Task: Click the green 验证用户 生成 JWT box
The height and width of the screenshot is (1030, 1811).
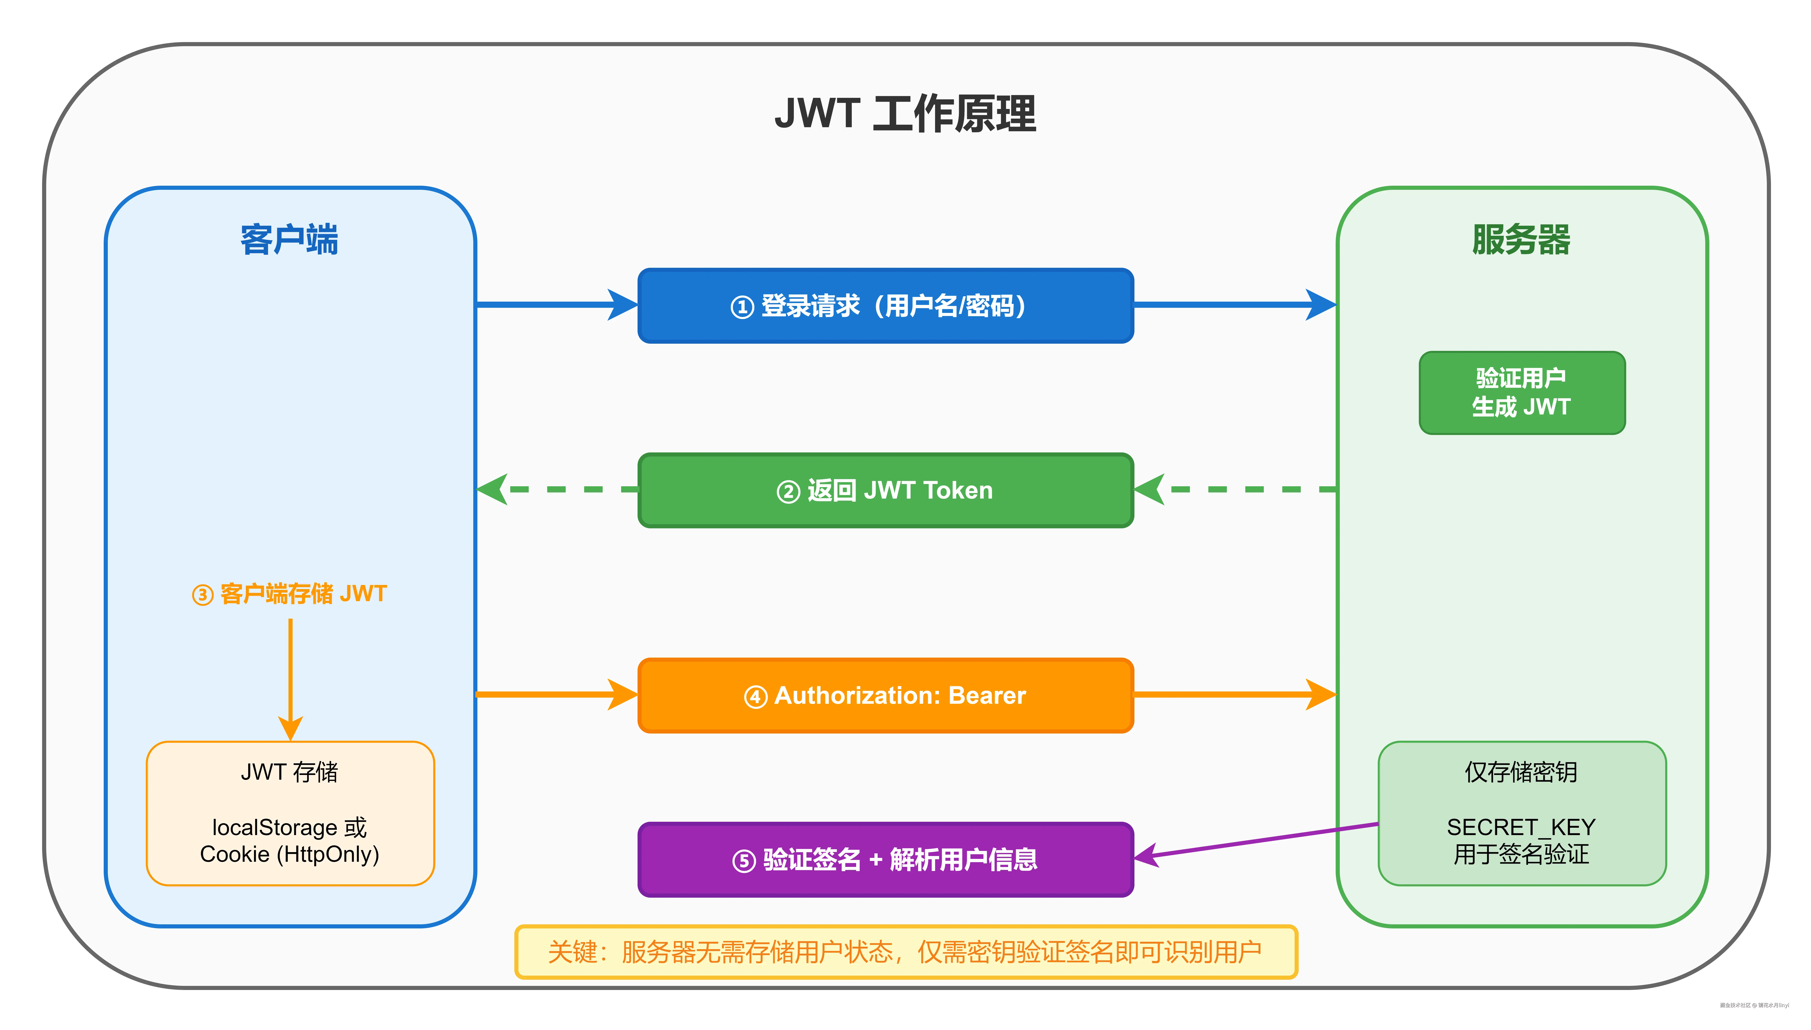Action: pyautogui.click(x=1521, y=393)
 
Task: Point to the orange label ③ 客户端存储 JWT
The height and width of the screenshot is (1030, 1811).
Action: pyautogui.click(x=290, y=594)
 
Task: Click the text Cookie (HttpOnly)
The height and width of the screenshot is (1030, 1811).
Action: pyautogui.click(x=290, y=855)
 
